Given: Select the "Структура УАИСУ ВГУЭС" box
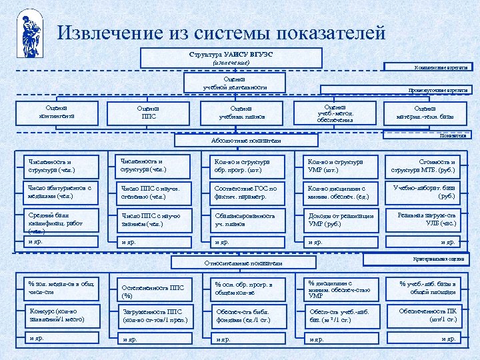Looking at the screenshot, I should coord(231,57).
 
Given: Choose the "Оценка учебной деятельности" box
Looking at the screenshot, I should coord(235,83).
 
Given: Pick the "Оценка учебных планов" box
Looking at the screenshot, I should coord(241,112).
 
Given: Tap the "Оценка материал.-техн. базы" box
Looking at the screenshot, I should coord(425,112).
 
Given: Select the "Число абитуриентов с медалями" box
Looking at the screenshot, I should coord(60,192).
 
